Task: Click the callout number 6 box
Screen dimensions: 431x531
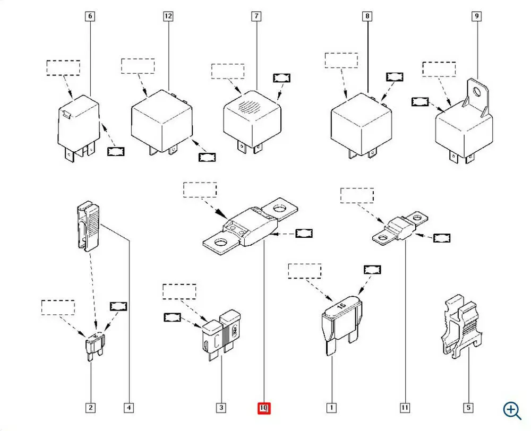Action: click(90, 16)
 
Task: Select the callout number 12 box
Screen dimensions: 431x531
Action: click(168, 16)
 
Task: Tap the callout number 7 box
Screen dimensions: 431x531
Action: click(256, 16)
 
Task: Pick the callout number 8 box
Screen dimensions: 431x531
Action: click(367, 16)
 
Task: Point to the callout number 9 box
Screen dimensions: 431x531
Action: click(477, 16)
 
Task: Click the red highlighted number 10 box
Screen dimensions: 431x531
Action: click(264, 408)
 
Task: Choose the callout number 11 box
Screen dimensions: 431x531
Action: click(405, 408)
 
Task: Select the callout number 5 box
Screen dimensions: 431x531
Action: click(468, 408)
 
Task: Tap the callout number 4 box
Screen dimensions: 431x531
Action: click(129, 408)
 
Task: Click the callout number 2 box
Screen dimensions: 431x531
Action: click(91, 408)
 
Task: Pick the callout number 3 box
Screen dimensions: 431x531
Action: click(221, 408)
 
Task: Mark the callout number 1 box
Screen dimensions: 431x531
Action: click(331, 408)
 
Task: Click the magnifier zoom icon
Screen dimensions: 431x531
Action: click(512, 410)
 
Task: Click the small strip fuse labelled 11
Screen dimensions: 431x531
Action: click(401, 229)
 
